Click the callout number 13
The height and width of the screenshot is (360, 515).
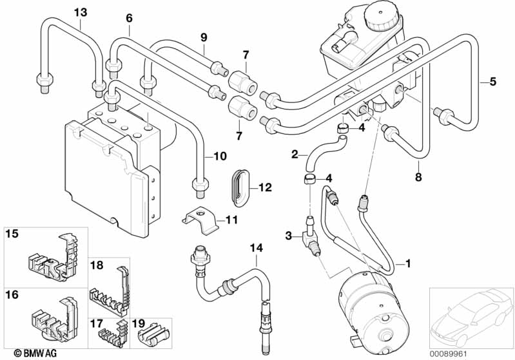coord(79,12)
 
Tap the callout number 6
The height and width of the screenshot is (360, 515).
coord(129,18)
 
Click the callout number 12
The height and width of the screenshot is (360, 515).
coord(266,188)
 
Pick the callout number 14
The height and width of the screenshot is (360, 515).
coord(257,246)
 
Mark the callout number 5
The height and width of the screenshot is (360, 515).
coord(492,81)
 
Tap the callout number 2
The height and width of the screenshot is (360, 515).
coord(295,155)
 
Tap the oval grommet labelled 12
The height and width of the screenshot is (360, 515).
coord(240,187)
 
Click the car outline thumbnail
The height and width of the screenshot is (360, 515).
coord(470,316)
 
